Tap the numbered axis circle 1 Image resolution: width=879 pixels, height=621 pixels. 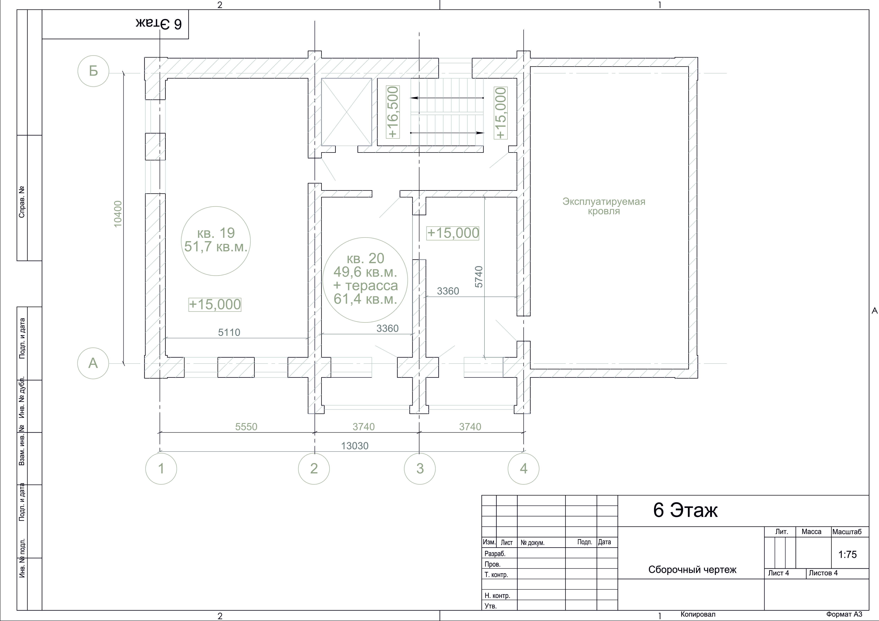pyautogui.click(x=161, y=468)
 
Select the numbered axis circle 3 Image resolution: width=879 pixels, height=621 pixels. pyautogui.click(x=420, y=468)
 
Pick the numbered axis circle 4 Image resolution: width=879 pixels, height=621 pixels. pyautogui.click(x=523, y=468)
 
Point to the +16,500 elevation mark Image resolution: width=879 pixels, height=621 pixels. pyautogui.click(x=393, y=112)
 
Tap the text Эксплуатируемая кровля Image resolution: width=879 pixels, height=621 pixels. pyautogui.click(x=604, y=206)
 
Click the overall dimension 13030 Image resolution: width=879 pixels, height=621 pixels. pyautogui.click(x=355, y=446)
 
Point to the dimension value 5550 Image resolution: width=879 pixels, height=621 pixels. pyautogui.click(x=246, y=427)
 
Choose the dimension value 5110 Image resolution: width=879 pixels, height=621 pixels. pyautogui.click(x=229, y=332)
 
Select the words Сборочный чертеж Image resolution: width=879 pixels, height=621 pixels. pyautogui.click(x=692, y=570)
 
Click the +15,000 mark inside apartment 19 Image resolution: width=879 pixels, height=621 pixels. pyautogui.click(x=215, y=305)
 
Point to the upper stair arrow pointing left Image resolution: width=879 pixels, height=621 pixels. pyautogui.click(x=447, y=98)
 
